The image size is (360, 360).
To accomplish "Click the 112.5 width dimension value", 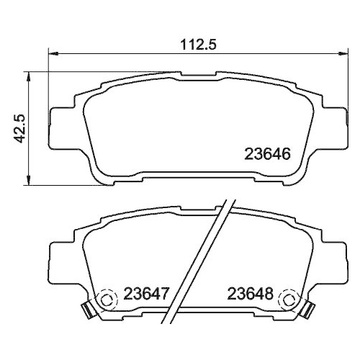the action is pyautogui.click(x=198, y=45).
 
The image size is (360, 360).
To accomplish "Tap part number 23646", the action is pyautogui.click(x=267, y=154).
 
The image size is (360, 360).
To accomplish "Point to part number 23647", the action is pyautogui.click(x=146, y=293).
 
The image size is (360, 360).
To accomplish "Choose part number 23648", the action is pyautogui.click(x=251, y=293).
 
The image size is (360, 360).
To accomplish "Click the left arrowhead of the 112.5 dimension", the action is pyautogui.click(x=53, y=54).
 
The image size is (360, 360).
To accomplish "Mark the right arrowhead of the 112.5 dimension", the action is pyautogui.click(x=343, y=54).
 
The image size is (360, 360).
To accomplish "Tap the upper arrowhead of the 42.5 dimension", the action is pyautogui.click(x=29, y=76).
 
